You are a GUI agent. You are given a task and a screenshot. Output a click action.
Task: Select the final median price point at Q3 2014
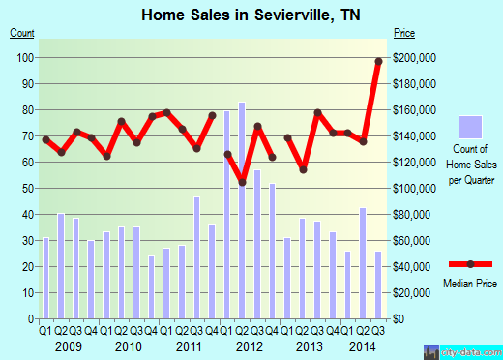(379, 62)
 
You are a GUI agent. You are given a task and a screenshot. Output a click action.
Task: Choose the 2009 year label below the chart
(67, 345)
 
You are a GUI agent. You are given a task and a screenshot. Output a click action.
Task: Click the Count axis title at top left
(22, 34)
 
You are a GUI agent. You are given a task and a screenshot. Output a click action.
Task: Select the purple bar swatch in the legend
(471, 127)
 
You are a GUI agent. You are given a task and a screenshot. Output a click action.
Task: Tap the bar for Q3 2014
(377, 285)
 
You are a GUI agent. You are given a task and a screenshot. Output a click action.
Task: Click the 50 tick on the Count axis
(28, 188)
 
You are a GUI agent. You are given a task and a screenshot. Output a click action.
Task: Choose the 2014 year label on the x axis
(362, 345)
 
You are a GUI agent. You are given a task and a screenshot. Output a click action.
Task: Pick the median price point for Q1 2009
(45, 139)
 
